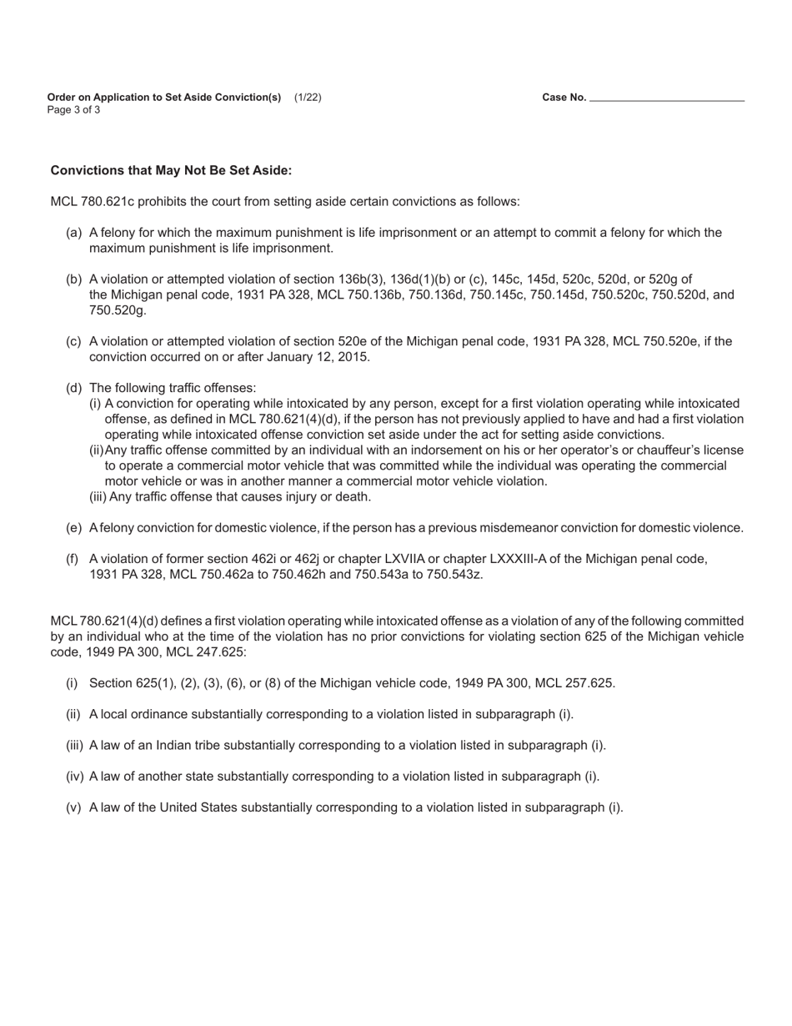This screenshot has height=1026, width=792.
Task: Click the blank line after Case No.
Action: [666, 98]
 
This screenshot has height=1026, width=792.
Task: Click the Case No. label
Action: [564, 98]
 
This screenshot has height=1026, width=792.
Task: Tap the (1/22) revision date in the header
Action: [308, 98]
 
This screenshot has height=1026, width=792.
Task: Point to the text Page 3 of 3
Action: [74, 110]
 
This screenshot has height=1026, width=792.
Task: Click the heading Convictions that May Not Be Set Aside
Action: [171, 171]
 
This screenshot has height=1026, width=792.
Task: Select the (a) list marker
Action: [73, 233]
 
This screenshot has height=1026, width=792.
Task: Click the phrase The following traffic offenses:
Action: [173, 388]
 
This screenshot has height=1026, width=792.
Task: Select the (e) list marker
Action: [73, 528]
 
